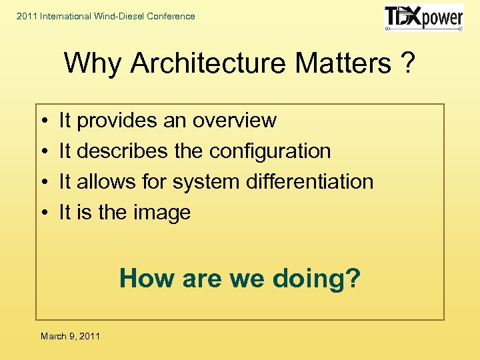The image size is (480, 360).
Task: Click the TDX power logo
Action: [423, 18]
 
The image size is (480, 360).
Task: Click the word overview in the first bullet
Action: [234, 121]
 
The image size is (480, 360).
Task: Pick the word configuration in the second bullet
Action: [270, 151]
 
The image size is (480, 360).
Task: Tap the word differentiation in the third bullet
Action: [309, 181]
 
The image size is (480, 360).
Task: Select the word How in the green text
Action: [141, 278]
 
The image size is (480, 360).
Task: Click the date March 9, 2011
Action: [70, 336]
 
